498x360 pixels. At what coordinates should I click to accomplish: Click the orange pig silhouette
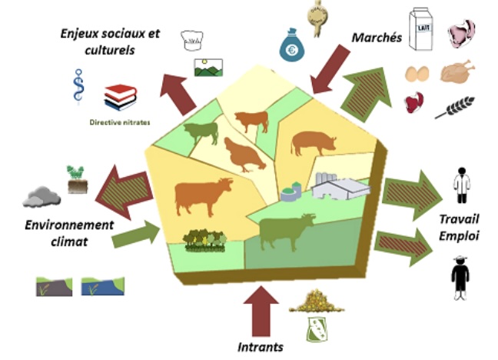(x=314, y=142)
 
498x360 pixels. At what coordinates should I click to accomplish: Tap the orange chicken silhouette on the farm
(x=244, y=155)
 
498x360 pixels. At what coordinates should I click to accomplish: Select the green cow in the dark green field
(x=287, y=232)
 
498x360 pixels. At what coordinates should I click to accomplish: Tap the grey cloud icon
(x=41, y=195)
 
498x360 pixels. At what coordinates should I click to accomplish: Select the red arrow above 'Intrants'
(x=261, y=312)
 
